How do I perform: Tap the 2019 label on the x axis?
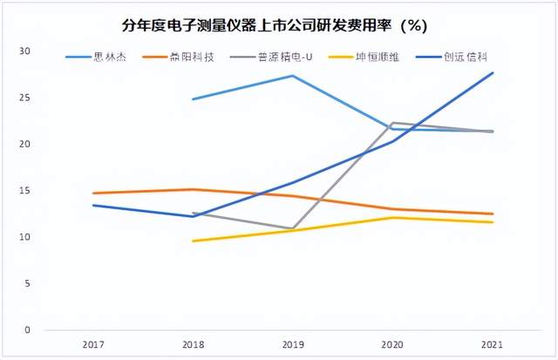click(x=292, y=345)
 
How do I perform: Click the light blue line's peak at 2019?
click(x=292, y=76)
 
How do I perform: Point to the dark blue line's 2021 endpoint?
click(x=493, y=72)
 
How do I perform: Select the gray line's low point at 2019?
click(x=292, y=228)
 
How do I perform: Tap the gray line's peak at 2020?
click(x=393, y=123)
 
